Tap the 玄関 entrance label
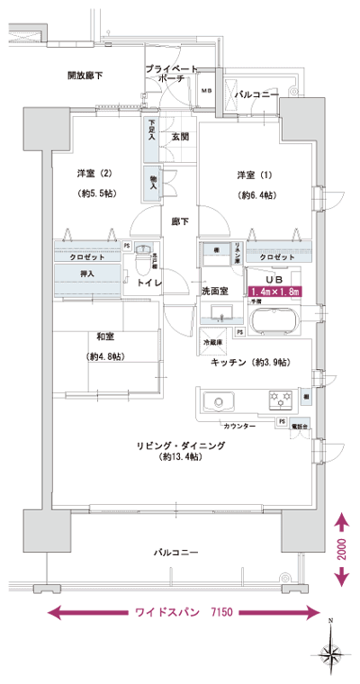179,138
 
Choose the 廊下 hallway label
179,221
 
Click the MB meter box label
206,91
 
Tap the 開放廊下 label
85,76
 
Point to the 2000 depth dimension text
343,551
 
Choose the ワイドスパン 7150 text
184,613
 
